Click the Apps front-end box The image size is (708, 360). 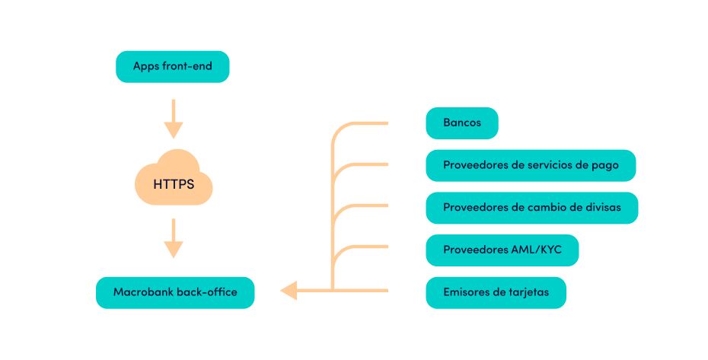[172, 66]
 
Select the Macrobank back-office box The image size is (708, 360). [174, 292]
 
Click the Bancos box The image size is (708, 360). [462, 123]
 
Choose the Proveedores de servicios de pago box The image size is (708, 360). [531, 165]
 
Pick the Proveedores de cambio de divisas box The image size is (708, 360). [531, 208]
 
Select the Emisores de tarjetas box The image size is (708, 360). [496, 292]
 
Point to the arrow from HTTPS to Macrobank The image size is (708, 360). [174, 238]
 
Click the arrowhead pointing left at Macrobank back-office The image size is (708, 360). [289, 290]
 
